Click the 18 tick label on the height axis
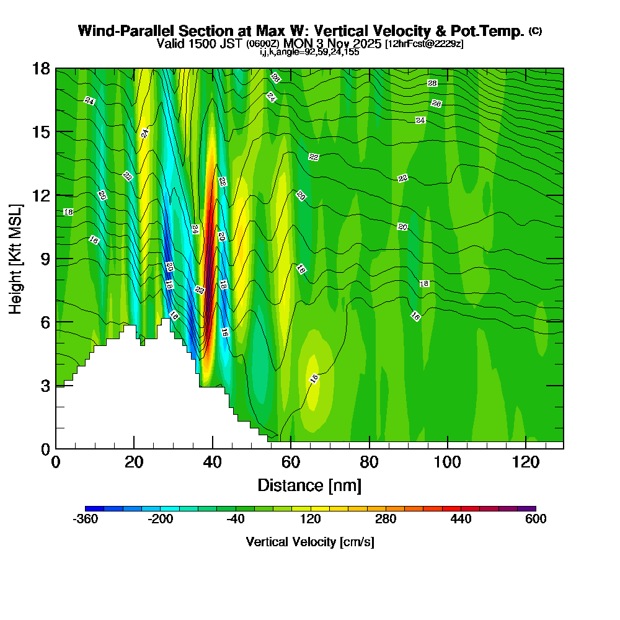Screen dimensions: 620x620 [41, 68]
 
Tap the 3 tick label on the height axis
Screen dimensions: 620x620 [45, 385]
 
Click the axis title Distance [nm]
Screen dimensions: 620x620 [309, 485]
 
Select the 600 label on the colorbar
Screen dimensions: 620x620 [536, 519]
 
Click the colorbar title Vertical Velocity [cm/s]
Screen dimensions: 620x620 [310, 542]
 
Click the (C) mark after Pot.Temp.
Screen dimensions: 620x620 [536, 31]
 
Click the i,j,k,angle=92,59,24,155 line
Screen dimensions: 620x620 [309, 52]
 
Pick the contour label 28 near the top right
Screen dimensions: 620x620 [432, 83]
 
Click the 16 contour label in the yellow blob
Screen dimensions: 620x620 [314, 378]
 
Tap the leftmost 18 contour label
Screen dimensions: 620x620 [68, 212]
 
